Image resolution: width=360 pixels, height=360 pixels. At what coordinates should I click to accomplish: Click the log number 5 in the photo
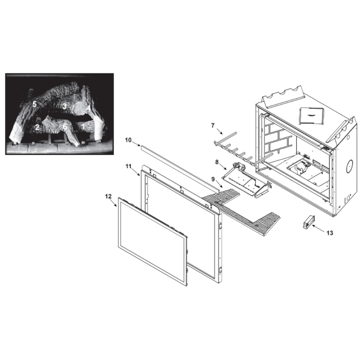(x=35, y=104)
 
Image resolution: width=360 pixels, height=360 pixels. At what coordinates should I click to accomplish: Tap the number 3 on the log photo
(x=64, y=106)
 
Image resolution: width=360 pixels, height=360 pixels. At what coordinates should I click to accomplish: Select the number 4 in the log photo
(x=88, y=108)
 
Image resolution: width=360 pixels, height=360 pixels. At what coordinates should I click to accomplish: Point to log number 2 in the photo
(x=37, y=127)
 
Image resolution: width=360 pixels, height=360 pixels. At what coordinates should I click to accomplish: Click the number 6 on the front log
(x=65, y=126)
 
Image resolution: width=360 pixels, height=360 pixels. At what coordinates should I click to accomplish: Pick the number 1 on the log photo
(x=84, y=126)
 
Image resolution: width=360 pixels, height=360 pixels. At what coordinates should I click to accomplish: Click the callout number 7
(x=213, y=125)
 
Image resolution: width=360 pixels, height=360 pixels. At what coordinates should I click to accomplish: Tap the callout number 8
(x=217, y=162)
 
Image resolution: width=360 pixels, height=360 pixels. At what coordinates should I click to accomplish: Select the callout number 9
(x=213, y=179)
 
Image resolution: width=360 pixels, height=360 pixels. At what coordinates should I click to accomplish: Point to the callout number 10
(x=129, y=140)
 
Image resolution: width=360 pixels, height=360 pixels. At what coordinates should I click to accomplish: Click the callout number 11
(x=129, y=166)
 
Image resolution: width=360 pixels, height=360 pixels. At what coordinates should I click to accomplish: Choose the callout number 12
(x=108, y=196)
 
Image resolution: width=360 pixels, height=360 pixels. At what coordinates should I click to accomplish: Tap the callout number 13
(x=330, y=233)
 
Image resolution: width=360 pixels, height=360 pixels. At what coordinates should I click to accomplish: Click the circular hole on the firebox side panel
(x=349, y=166)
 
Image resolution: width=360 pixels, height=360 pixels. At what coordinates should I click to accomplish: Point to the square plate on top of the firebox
(x=311, y=116)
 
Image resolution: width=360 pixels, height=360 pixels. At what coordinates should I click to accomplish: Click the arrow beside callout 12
(x=114, y=203)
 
